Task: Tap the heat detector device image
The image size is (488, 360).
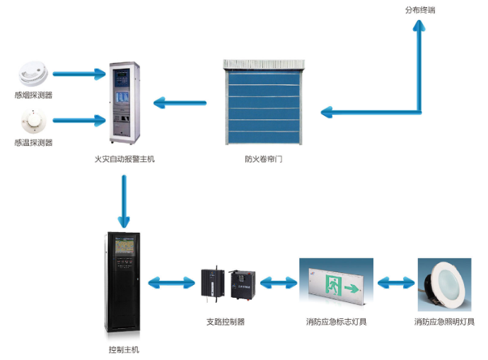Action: (x=33, y=121)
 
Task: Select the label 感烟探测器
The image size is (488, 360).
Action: (x=33, y=95)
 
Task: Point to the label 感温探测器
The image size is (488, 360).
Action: (x=33, y=142)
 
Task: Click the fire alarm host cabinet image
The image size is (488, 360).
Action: (x=124, y=104)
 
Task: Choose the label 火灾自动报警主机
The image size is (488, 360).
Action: (x=124, y=159)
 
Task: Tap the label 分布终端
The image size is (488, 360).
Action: (x=419, y=11)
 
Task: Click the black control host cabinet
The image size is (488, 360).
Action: (x=124, y=283)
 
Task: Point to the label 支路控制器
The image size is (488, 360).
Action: (x=226, y=322)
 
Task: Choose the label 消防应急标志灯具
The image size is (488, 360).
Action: (x=337, y=322)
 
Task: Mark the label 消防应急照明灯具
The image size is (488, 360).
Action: (x=444, y=322)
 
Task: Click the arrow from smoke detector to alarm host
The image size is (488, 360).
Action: (x=79, y=74)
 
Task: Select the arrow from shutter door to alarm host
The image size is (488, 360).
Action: (x=180, y=104)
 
